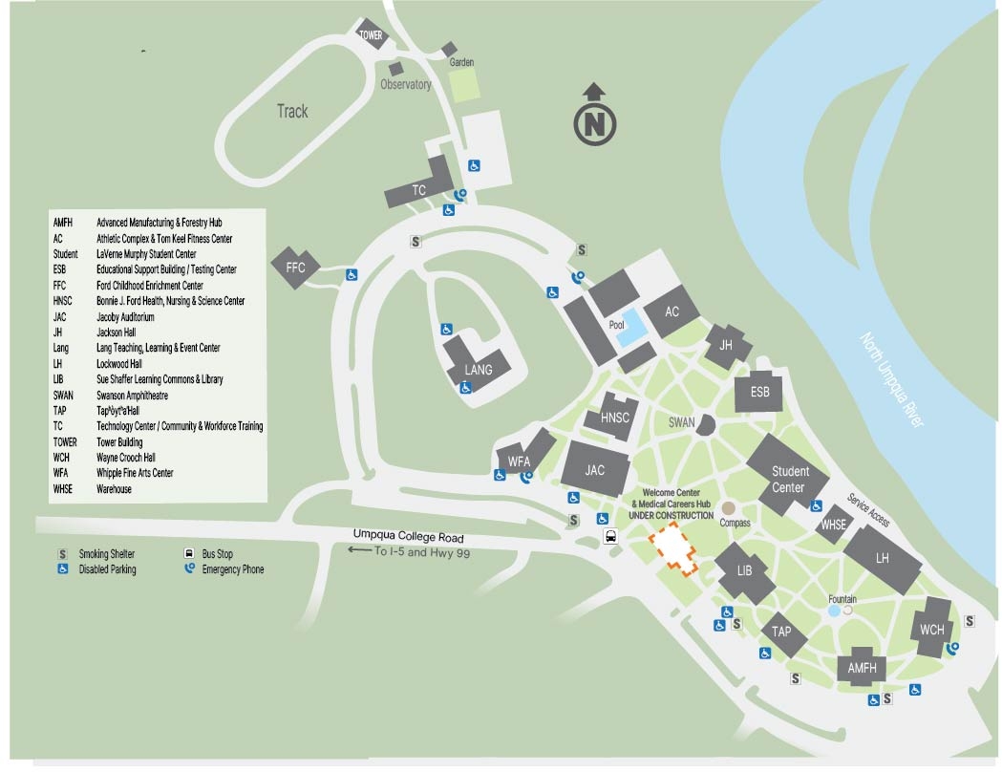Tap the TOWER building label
[371, 35]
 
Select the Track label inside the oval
[292, 112]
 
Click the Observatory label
[406, 85]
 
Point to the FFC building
[295, 268]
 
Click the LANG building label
[478, 370]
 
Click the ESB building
[759, 392]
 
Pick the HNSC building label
[615, 417]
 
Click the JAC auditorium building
[596, 470]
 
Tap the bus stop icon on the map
[610, 537]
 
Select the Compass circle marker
[729, 509]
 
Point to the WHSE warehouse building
[833, 524]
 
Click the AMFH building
[862, 668]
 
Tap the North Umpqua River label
[892, 379]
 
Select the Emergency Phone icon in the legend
[189, 568]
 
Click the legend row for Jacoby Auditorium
[124, 316]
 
